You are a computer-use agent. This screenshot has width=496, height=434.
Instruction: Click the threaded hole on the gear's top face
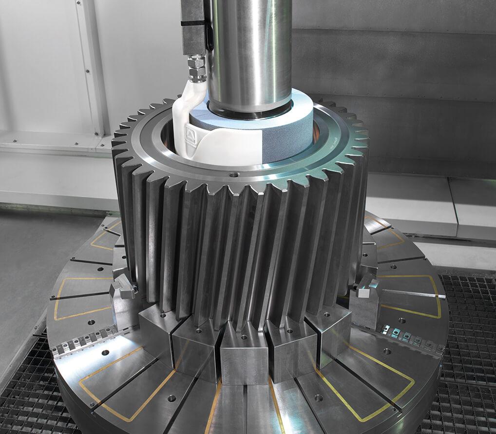232,173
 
